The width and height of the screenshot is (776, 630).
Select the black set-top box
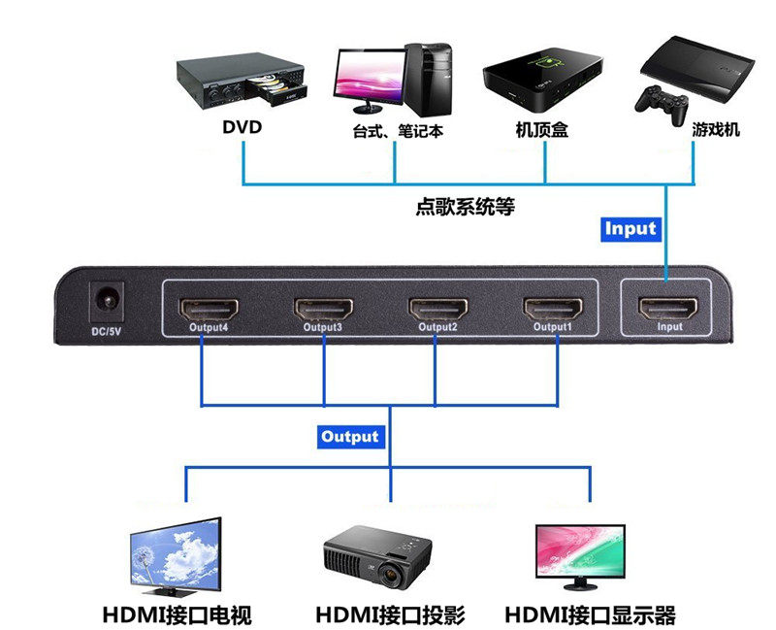click(541, 78)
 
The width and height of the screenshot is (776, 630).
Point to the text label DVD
click(242, 127)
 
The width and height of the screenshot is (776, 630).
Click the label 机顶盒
click(541, 130)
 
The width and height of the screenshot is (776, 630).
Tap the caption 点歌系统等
click(466, 207)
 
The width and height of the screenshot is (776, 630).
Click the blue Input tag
click(630, 229)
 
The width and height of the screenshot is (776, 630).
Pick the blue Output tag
click(350, 437)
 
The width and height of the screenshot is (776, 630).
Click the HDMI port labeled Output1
click(554, 310)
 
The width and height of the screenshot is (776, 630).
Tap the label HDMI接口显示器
click(590, 615)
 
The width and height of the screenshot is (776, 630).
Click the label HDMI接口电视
click(178, 615)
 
